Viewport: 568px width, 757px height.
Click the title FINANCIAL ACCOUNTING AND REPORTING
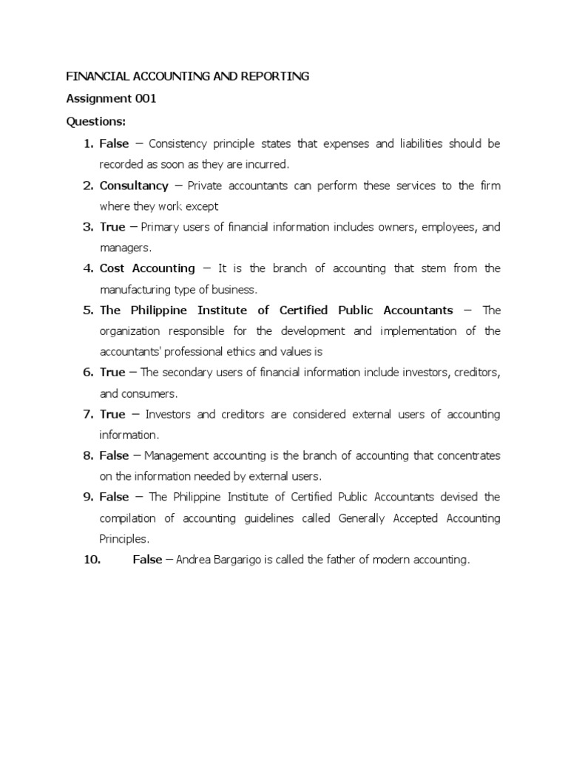point(188,77)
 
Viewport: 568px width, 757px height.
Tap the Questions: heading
point(96,121)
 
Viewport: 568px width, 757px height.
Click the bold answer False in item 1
point(114,143)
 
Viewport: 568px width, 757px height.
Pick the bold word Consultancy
point(134,186)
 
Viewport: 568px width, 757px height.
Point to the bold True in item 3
point(112,227)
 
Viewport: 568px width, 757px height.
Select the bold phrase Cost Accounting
point(147,268)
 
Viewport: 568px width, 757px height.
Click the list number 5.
point(87,310)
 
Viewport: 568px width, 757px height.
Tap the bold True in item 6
point(112,373)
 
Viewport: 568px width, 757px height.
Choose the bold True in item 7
point(112,415)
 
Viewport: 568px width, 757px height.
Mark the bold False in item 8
point(114,456)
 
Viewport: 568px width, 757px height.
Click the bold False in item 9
point(114,498)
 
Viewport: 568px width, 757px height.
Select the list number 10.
point(92,560)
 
